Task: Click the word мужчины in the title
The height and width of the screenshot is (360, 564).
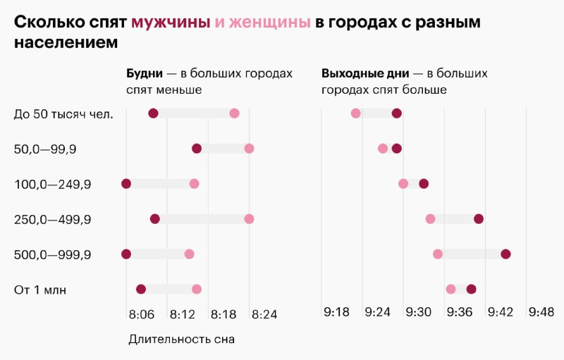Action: point(171,23)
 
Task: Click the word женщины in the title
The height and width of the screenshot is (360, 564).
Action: point(270,23)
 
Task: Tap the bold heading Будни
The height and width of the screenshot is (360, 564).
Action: point(145,74)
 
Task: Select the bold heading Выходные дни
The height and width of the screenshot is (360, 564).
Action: point(365,74)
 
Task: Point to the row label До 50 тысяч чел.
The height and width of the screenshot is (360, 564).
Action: point(63,114)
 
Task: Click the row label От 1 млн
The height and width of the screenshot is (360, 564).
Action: point(40,290)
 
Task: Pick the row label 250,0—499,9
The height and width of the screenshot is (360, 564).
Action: point(52,220)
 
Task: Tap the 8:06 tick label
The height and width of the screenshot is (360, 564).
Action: point(142,315)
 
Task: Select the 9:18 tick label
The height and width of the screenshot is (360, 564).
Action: point(337,312)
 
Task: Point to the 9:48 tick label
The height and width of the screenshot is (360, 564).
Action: point(541,312)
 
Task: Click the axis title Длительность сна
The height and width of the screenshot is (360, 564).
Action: point(182,340)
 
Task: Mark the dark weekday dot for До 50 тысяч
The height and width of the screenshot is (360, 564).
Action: point(153,113)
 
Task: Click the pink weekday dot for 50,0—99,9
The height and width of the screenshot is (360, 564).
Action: point(249,149)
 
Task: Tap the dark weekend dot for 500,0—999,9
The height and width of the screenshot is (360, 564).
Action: point(505,254)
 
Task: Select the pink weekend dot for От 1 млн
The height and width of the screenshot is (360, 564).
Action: point(450,290)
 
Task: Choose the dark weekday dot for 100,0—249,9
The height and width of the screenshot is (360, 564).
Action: point(126,184)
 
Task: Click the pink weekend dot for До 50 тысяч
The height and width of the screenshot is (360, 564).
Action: point(356,113)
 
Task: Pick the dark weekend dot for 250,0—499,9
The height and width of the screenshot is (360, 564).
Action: point(479,219)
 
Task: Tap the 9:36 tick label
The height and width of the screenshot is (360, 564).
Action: point(460,312)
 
